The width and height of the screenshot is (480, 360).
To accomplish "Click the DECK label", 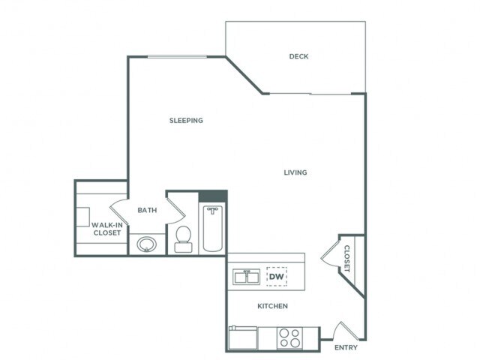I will (x=298, y=57).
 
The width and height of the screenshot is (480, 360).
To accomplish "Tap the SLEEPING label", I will (x=186, y=120).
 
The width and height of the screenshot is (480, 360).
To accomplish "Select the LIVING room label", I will (x=295, y=172).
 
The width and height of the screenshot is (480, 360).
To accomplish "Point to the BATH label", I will (x=147, y=210).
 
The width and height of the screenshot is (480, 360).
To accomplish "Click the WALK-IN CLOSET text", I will (x=106, y=228).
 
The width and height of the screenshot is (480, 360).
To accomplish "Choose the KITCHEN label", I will (x=272, y=306).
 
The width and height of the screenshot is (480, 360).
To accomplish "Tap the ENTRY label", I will (x=345, y=347).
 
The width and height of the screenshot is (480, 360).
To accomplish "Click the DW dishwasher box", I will (x=277, y=276).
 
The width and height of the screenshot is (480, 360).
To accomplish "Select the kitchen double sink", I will (x=246, y=277).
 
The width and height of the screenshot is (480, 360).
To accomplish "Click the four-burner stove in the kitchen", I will (x=289, y=337).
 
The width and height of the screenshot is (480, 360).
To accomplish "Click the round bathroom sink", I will (x=147, y=244).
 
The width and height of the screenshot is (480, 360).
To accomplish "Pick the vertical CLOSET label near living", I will (x=347, y=259).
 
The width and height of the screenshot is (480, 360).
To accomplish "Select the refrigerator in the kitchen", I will (x=242, y=337).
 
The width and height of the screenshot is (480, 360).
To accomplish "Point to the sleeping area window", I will (x=176, y=57).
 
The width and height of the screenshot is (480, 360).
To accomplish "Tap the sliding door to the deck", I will (x=311, y=94).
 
